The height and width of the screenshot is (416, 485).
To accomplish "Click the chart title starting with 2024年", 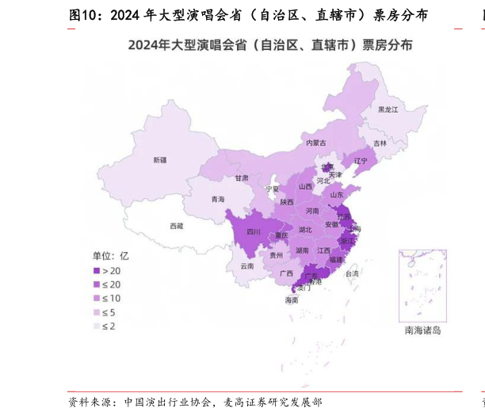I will tap(270, 45).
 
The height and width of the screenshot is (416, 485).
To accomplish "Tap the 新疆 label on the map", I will tap(160, 160).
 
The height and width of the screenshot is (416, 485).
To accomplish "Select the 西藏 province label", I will tap(176, 226).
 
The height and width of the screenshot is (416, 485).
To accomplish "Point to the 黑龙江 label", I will tap(388, 109).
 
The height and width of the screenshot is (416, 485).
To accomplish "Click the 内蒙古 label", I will tap(316, 143).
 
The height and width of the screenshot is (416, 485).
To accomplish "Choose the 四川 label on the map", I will tap(254, 232).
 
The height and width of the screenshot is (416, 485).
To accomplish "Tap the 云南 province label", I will tap(247, 266).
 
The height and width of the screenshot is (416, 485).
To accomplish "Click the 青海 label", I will tap(218, 199).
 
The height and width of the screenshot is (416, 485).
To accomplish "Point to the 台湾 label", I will tap(351, 273).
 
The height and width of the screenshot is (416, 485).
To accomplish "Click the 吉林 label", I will tap(380, 143).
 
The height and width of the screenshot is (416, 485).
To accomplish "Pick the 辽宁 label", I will tap(361, 161).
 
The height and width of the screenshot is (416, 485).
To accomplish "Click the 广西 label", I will tap(286, 273).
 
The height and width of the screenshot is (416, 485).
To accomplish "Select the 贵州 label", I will tap(276, 256).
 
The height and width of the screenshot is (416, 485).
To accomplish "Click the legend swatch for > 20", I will tap(97, 271).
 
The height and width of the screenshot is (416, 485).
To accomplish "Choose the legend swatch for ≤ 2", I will tap(97, 326).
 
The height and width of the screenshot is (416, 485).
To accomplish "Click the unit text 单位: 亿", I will tap(111, 255).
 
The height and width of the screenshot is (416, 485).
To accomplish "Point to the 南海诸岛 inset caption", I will tap(422, 330).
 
